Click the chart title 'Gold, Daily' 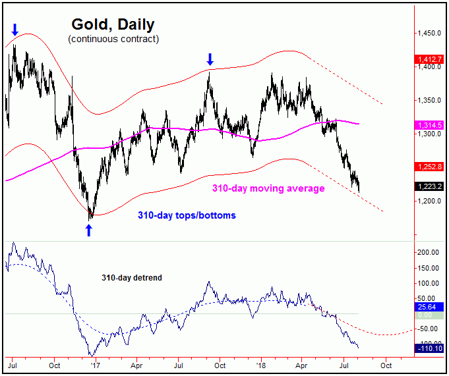click(x=113, y=25)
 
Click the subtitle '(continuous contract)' click(x=113, y=40)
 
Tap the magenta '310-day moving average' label click(x=268, y=189)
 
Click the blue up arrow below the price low click(x=89, y=230)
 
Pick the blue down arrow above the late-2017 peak click(x=210, y=58)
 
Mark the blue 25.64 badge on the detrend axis click(x=427, y=307)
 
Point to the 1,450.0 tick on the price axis click(x=429, y=33)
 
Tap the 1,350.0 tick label click(x=429, y=101)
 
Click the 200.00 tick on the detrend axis click(x=429, y=252)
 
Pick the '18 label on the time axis click(x=262, y=363)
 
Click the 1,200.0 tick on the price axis click(x=429, y=201)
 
